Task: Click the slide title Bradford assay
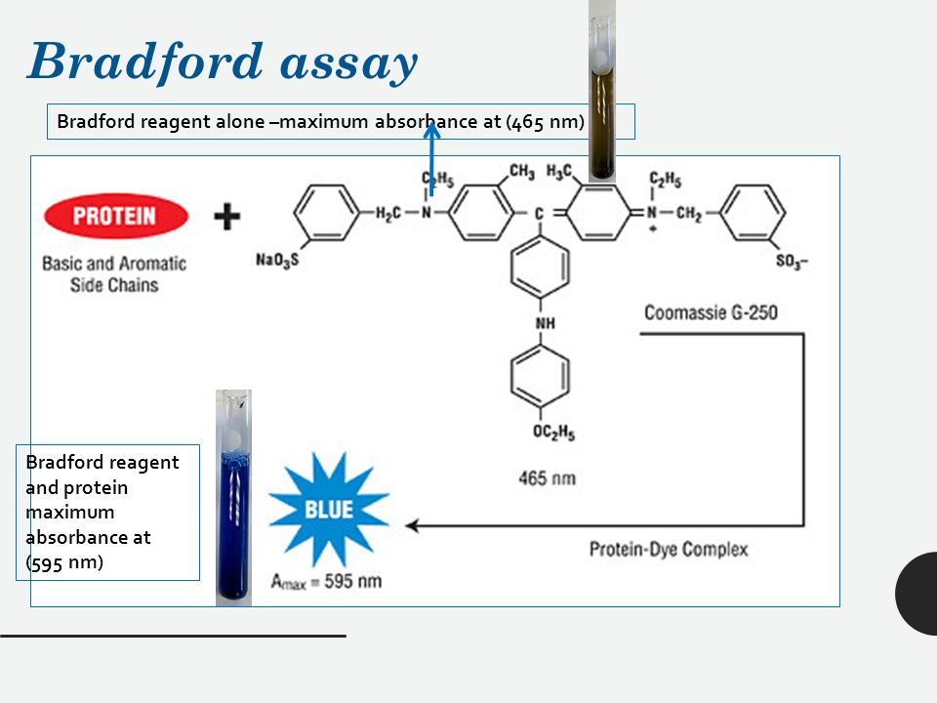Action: click(x=223, y=62)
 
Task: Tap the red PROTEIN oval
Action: click(x=116, y=217)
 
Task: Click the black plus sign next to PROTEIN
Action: click(x=226, y=216)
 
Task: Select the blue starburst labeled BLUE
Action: click(x=329, y=509)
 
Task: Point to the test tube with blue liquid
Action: click(x=233, y=508)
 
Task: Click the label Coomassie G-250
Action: click(x=711, y=313)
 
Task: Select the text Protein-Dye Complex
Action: click(x=669, y=549)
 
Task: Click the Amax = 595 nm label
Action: click(x=327, y=582)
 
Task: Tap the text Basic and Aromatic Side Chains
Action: click(x=114, y=274)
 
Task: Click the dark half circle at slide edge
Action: click(x=918, y=594)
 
